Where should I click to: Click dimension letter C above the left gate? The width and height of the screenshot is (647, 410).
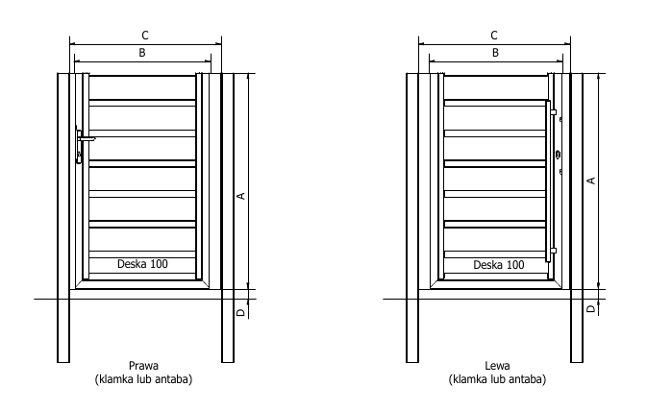[x=145, y=36]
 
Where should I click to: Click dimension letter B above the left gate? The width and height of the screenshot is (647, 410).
[x=142, y=53]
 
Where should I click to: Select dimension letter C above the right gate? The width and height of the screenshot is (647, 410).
[x=494, y=36]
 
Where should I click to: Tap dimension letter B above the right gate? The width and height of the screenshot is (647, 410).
[x=495, y=53]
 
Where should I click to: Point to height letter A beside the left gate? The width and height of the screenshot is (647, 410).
[x=241, y=196]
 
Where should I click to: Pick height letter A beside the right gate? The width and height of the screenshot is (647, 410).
[x=591, y=181]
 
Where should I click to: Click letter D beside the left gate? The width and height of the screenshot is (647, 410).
[x=241, y=313]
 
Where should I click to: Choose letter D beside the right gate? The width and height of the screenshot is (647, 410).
[x=591, y=308]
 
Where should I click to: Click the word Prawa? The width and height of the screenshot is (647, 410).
[x=143, y=366]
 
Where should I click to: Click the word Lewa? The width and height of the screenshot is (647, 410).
[x=497, y=366]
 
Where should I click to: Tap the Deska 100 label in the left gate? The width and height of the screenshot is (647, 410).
[x=142, y=264]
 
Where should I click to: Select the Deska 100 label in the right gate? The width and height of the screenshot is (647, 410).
[x=499, y=265]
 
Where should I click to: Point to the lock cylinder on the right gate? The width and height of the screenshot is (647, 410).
[x=559, y=155]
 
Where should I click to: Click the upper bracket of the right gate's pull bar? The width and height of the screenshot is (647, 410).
[x=554, y=112]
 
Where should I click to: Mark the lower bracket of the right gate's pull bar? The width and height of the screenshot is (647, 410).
[x=554, y=251]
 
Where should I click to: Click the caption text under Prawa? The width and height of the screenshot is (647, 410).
[x=143, y=379]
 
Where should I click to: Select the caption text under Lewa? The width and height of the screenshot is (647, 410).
[x=497, y=379]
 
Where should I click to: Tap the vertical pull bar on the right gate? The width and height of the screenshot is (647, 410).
[x=548, y=181]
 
